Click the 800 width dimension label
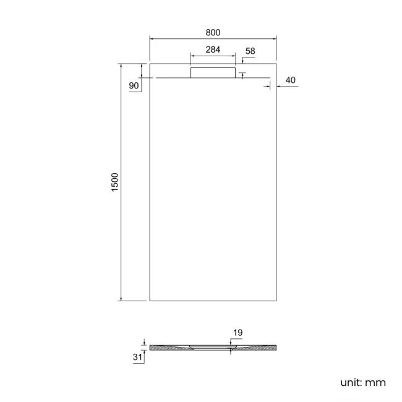(212, 32)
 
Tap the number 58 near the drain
(250, 51)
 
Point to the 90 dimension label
(134, 86)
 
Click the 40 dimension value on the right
(291, 80)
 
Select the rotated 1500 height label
(114, 182)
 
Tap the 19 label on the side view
(237, 333)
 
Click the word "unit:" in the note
(351, 383)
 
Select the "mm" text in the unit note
(375, 383)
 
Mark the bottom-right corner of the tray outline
(276, 301)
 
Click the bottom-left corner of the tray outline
(150, 301)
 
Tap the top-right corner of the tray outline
(276, 63)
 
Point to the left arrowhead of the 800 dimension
(152, 39)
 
